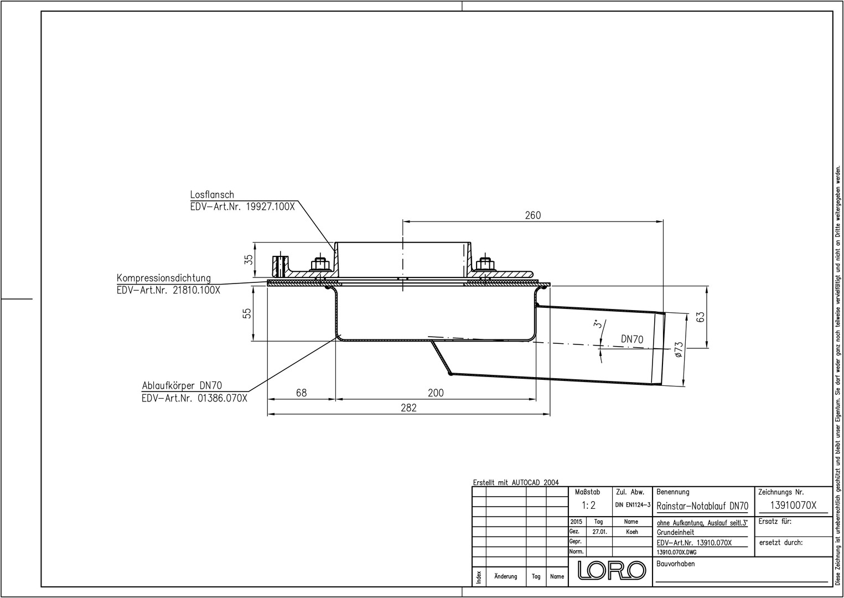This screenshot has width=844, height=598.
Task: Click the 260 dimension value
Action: (533, 215)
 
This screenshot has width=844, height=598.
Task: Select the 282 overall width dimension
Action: (409, 408)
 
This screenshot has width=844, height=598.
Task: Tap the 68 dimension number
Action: (302, 393)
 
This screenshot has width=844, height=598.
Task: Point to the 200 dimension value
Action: (436, 393)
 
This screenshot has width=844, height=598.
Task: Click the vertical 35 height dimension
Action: (248, 260)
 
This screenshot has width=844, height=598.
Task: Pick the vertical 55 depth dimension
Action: (247, 314)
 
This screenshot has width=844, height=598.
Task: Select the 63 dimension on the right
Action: (701, 317)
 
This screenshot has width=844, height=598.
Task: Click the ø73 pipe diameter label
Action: (679, 350)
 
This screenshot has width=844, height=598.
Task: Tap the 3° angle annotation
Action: (596, 324)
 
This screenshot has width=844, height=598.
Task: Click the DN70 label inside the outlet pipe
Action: (632, 339)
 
